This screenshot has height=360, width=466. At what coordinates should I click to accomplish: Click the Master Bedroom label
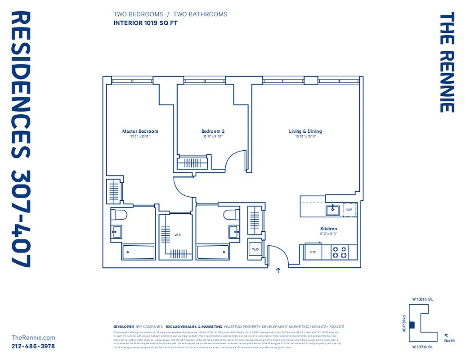pyautogui.click(x=140, y=131)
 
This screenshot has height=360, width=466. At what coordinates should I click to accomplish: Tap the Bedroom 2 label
pyautogui.click(x=213, y=131)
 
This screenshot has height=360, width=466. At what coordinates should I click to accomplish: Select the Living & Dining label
pyautogui.click(x=305, y=131)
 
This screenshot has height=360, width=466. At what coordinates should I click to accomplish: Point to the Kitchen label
pyautogui.click(x=328, y=229)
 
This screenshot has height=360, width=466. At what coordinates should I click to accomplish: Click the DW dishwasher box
pyautogui.click(x=349, y=210)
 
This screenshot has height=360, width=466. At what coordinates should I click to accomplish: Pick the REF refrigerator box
pyautogui.click(x=313, y=252)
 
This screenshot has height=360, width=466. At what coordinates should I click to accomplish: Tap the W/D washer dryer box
pyautogui.click(x=255, y=249)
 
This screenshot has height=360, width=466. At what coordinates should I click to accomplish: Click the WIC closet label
pyautogui.click(x=178, y=235)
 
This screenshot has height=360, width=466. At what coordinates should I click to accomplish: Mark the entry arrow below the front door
pyautogui.click(x=278, y=270)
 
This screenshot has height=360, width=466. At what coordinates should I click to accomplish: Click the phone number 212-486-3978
pyautogui.click(x=33, y=346)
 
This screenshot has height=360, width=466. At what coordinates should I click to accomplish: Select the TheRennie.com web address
pyautogui.click(x=33, y=337)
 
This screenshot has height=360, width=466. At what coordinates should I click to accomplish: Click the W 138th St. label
pyautogui.click(x=422, y=299)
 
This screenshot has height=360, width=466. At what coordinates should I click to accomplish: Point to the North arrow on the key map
pyautogui.click(x=446, y=335)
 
